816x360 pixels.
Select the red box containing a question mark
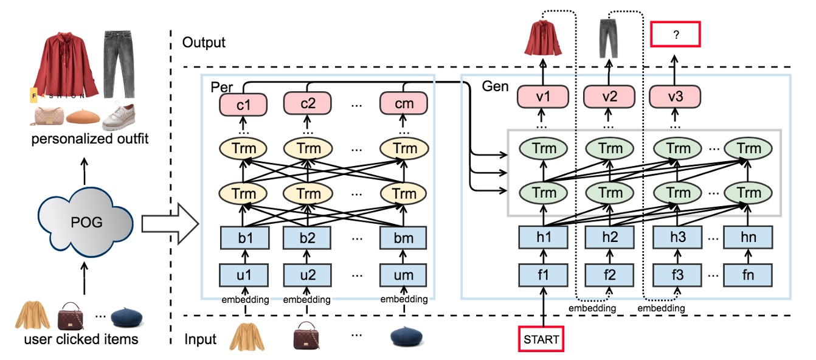click(x=676, y=35)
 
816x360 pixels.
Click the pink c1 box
click(x=243, y=103)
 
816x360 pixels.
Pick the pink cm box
click(x=404, y=103)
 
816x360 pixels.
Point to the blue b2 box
click(x=308, y=238)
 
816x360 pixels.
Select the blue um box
click(x=404, y=275)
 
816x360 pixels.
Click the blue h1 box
click(x=544, y=238)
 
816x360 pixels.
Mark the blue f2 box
click(x=609, y=275)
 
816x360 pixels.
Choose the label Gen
click(x=495, y=87)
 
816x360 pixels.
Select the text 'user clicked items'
click(x=81, y=339)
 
